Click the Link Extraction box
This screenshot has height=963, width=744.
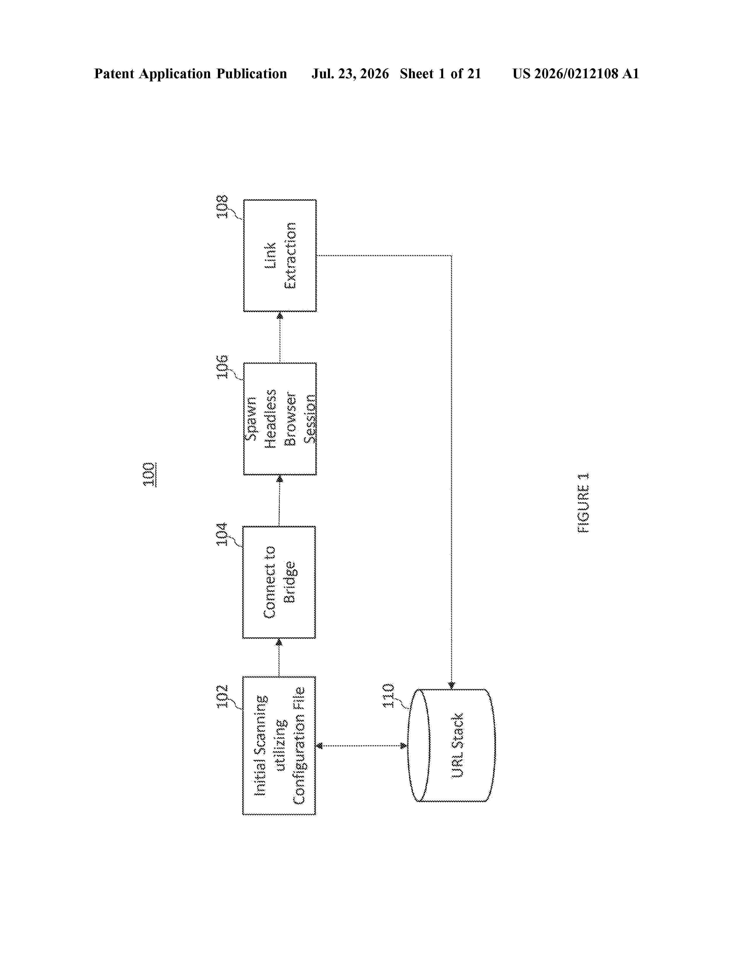pos(280,255)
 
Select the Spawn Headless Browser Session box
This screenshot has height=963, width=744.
pos(280,418)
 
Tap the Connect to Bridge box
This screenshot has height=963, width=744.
pos(279,582)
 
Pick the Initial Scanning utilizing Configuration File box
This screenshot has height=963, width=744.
pos(279,746)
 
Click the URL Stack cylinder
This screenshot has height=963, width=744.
pos(451,745)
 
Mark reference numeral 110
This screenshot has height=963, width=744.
pos(388,695)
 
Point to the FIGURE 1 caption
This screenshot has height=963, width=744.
pos(583,503)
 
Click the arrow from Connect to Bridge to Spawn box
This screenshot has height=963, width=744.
pos(279,500)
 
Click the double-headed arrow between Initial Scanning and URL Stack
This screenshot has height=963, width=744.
pos(362,746)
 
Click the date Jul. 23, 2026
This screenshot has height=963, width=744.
pos(350,74)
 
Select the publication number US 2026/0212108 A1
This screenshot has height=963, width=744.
pos(576,74)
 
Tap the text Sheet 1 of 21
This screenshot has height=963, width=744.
pos(440,74)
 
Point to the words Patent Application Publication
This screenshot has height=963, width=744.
pos(191,74)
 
